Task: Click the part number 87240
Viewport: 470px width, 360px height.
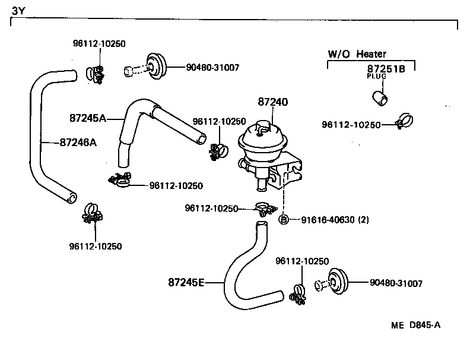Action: point(273,102)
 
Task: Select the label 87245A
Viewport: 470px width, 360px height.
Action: point(87,118)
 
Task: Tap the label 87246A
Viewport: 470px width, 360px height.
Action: point(78,142)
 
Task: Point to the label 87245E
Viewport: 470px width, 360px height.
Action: point(186,282)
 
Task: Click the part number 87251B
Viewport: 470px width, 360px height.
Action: point(386,69)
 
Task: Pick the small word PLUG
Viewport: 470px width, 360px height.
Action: point(376,77)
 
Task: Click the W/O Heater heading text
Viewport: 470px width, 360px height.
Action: point(357,54)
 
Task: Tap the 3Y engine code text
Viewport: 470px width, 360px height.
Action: point(18,10)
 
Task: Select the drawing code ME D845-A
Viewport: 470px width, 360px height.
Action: point(415,325)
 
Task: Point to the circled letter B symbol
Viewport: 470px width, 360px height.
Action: point(284,220)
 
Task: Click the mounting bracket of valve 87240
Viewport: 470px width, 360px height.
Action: point(287,172)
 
